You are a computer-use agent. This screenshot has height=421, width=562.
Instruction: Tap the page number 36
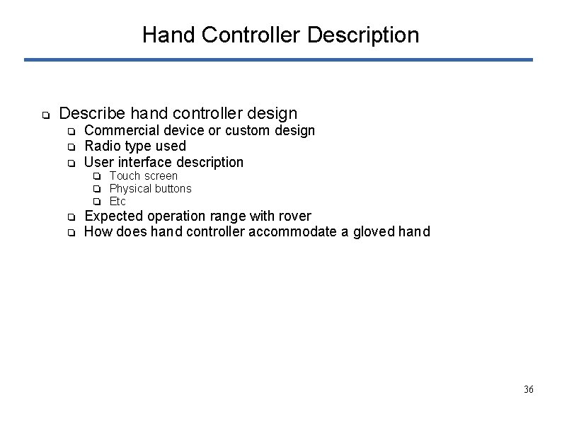(528, 390)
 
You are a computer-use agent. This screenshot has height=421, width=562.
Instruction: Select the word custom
(247, 130)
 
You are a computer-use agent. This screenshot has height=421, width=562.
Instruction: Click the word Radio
(102, 146)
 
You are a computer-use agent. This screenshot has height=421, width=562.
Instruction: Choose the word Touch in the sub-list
(125, 175)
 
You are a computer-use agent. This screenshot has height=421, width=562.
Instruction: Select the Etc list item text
(117, 201)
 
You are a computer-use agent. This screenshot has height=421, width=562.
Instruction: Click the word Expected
(113, 216)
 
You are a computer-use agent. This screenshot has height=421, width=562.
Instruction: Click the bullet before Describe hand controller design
(44, 115)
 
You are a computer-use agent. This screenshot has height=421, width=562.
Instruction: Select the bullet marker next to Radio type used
(71, 147)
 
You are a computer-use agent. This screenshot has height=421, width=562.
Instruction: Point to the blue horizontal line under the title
(278, 60)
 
